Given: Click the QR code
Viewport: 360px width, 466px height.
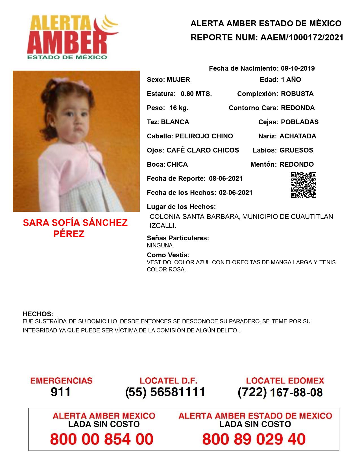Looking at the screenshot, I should [303, 185].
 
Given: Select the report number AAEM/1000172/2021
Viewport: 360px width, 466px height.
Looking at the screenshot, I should [302, 37].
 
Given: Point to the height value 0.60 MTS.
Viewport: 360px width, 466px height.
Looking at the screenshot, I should [196, 94].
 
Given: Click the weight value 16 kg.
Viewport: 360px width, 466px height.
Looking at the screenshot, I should [179, 108].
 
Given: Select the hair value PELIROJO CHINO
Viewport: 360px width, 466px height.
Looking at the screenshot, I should [204, 136].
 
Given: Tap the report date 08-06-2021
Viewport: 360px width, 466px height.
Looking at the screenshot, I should [226, 178].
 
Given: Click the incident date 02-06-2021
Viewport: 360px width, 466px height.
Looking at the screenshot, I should [235, 193].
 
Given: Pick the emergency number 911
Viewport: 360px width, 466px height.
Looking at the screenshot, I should [61, 392].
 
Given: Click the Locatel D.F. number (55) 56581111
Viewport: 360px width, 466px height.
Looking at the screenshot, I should [165, 392].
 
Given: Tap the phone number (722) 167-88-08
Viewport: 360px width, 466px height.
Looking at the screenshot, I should [280, 392].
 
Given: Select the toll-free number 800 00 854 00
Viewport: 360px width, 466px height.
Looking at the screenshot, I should [102, 439].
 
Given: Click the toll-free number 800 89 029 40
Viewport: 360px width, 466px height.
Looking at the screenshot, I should [254, 439].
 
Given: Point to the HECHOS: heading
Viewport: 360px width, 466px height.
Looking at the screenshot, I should [38, 314].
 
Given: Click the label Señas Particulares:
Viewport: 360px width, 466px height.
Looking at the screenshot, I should [178, 238].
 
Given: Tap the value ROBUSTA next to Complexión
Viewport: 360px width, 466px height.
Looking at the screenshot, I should [297, 94].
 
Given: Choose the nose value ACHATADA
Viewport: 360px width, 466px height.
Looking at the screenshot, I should [298, 136].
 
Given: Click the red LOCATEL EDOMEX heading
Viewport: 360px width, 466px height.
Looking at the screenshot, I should [285, 380].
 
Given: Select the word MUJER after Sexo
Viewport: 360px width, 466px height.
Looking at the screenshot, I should [178, 80].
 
